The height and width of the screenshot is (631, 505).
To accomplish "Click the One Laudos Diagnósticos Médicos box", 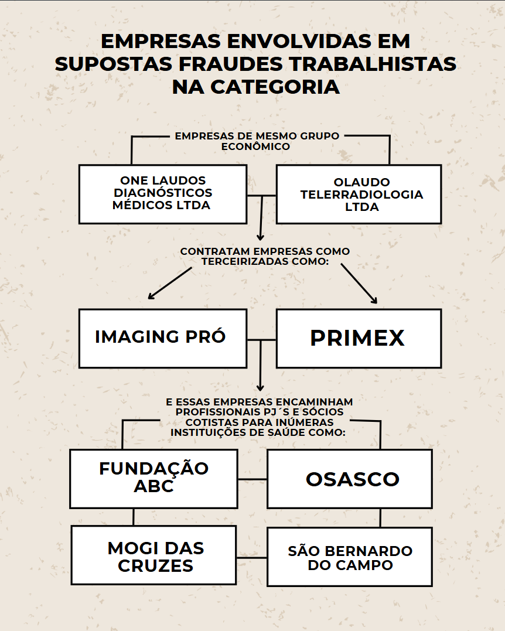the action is [x=163, y=194].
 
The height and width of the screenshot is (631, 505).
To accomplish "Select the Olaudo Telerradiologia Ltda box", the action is [x=359, y=194].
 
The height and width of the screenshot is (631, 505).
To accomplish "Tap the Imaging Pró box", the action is [x=163, y=339].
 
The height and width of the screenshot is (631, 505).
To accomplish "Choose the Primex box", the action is [x=359, y=339].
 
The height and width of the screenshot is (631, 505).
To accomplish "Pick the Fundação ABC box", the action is [x=153, y=479].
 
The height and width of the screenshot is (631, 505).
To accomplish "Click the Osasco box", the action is [x=350, y=479].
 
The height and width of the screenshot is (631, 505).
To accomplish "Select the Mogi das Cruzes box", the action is [x=153, y=555].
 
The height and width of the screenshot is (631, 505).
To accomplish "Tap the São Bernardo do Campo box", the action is [x=350, y=557].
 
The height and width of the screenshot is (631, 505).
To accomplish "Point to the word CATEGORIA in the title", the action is [x=275, y=87].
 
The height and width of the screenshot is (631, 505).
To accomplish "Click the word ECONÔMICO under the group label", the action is [x=255, y=146].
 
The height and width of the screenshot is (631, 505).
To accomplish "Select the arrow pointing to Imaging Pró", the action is [x=170, y=284].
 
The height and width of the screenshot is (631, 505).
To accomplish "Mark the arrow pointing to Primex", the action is [x=359, y=284].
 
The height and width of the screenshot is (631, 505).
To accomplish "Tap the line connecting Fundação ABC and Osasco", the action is [x=252, y=479].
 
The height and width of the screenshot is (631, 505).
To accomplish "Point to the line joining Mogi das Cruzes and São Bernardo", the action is [x=251, y=558].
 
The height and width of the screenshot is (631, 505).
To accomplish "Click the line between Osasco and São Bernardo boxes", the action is [x=380, y=518].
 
